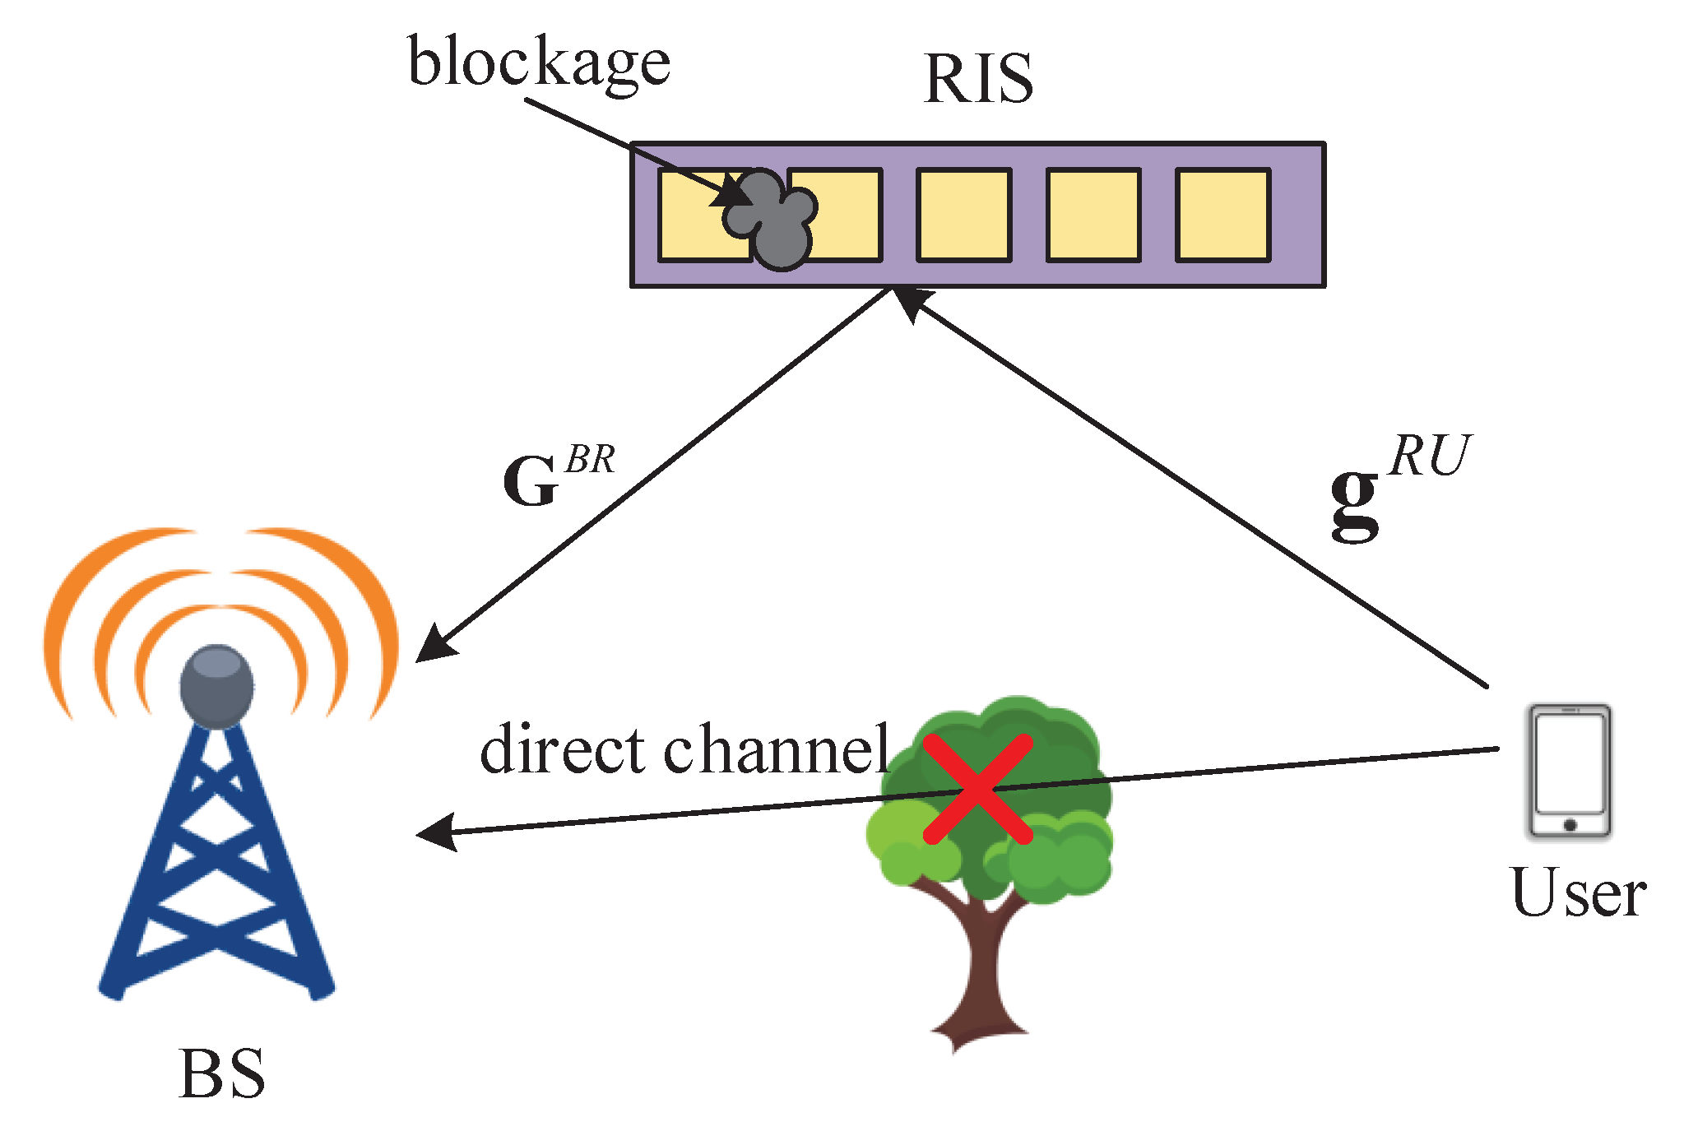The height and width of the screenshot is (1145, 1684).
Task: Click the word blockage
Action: [539, 63]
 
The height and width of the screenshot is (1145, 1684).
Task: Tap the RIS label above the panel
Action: [977, 78]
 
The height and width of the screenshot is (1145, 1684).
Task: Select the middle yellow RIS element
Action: [963, 216]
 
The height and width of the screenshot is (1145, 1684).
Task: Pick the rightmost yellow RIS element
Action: [1222, 216]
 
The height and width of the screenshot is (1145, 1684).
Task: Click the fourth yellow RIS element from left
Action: [1093, 216]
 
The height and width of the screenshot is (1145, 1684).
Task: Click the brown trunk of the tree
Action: [983, 971]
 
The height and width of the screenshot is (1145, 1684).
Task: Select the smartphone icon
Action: [1569, 772]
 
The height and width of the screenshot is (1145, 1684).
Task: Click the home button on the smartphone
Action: [1569, 825]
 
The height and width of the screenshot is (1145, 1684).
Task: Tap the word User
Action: [1578, 893]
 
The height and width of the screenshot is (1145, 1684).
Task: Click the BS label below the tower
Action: [222, 1074]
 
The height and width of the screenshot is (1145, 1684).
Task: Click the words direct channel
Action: [684, 750]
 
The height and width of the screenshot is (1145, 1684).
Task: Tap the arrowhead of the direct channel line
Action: [436, 832]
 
